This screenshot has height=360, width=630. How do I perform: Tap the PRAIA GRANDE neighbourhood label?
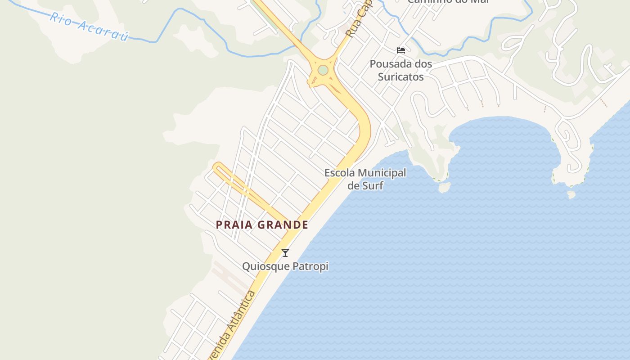(x=262, y=225)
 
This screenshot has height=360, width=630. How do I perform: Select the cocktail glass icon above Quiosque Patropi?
(x=285, y=253)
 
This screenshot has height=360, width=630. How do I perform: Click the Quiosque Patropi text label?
(x=285, y=266)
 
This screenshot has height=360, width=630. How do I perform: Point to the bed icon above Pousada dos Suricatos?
(x=400, y=50)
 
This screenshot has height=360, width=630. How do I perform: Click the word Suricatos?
(x=400, y=77)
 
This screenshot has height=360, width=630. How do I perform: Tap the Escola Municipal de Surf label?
(x=365, y=179)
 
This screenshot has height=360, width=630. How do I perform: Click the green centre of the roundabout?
(x=323, y=70)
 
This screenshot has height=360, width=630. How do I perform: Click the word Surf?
(x=372, y=185)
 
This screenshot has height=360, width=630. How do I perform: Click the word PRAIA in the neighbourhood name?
(x=234, y=225)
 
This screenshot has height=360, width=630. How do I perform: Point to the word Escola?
(x=339, y=173)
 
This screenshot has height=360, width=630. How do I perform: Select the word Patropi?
(x=310, y=266)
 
